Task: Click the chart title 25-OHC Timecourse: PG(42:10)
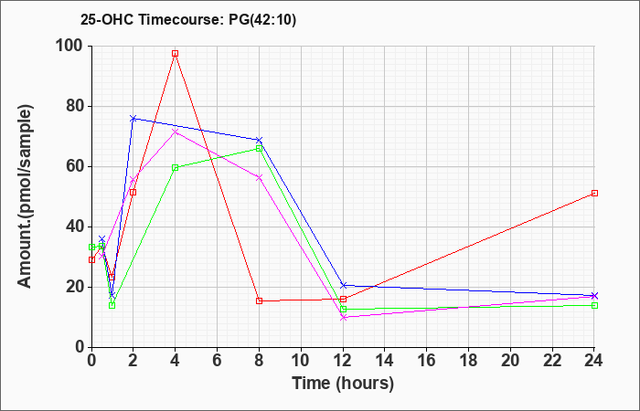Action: pos(188,20)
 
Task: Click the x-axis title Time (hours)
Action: pos(343,384)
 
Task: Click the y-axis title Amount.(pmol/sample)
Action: pos(26,196)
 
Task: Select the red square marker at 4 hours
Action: pos(176,53)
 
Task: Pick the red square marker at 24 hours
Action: pos(594,194)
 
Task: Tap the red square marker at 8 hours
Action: pos(259,300)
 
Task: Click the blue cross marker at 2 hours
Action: pos(133,118)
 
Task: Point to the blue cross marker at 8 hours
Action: pos(259,140)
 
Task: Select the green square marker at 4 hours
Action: pos(176,167)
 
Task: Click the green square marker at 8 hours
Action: pos(259,148)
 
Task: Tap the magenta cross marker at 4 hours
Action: pos(176,132)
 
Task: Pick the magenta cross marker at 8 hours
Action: pos(259,177)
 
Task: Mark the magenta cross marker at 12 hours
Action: pos(343,317)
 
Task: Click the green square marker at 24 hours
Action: pos(594,305)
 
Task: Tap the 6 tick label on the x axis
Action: pos(217,361)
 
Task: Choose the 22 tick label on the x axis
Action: pos(552,361)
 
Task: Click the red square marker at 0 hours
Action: pos(91,259)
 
